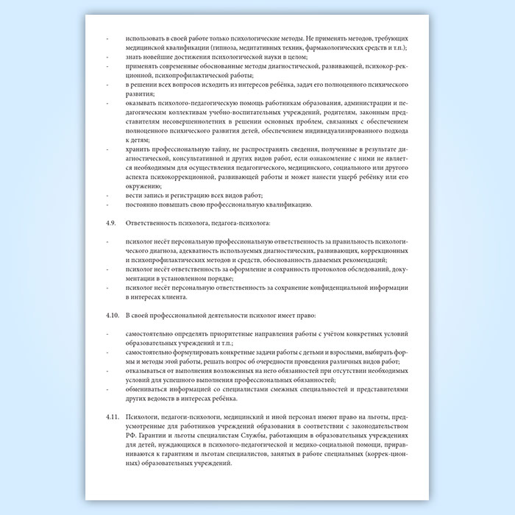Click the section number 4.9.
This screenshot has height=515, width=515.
point(111,222)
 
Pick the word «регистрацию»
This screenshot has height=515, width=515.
point(197,195)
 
